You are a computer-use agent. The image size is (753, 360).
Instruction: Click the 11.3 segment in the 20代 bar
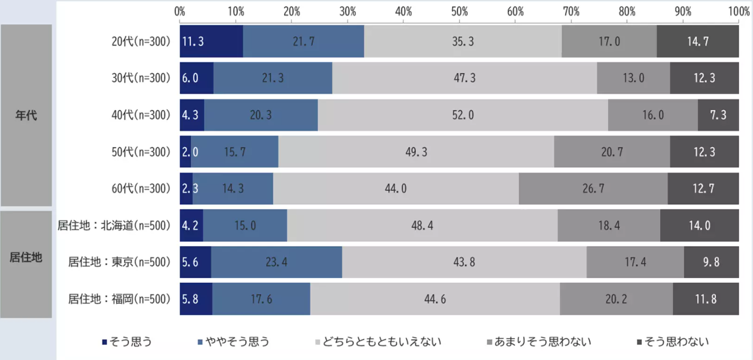(x=211, y=41)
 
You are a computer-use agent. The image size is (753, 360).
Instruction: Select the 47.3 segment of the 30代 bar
(x=464, y=78)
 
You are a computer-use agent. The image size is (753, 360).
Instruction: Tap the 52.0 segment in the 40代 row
(x=463, y=115)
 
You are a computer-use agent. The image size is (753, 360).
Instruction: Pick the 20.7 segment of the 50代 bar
(x=612, y=152)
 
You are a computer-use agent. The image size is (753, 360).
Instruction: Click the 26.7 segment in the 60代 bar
(x=593, y=189)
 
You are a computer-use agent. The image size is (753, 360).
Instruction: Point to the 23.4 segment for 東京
(x=276, y=263)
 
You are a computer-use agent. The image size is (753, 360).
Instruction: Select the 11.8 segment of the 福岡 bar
(x=705, y=299)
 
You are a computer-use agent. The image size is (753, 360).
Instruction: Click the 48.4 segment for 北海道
(x=422, y=226)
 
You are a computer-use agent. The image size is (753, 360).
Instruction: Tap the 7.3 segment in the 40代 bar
(x=718, y=115)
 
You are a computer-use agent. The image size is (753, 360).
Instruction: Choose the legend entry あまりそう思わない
(x=542, y=342)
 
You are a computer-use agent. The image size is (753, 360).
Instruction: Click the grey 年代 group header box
(x=26, y=116)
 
